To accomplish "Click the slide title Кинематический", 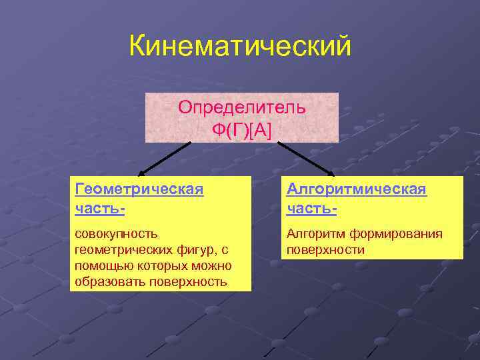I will point(240,46).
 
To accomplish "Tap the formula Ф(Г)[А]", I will point(242,129).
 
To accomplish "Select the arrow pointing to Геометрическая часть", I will point(163,157).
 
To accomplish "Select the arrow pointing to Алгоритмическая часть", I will point(306,157).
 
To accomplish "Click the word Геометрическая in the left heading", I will point(139,189).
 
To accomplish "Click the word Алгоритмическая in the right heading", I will point(356,189).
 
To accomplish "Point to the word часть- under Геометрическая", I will point(100,208).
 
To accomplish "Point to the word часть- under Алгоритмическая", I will point(311,208).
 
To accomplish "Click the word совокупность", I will point(117,233).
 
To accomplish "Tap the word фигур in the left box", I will point(194,249).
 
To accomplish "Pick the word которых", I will point(159,266).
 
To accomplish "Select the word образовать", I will point(106,282).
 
